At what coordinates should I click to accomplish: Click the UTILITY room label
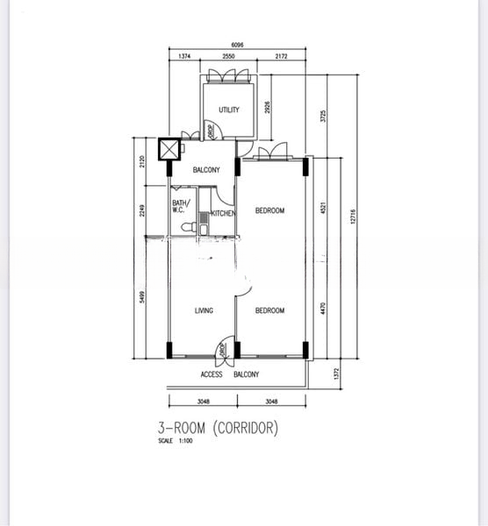(229, 110)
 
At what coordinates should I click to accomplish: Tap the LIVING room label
(204, 310)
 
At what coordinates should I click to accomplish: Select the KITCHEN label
(223, 212)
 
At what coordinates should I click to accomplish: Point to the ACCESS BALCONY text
(229, 374)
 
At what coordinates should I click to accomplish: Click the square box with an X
(169, 150)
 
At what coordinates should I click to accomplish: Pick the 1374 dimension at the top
(184, 57)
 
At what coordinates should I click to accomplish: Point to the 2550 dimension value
(227, 57)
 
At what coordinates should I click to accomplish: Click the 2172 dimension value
(281, 57)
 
